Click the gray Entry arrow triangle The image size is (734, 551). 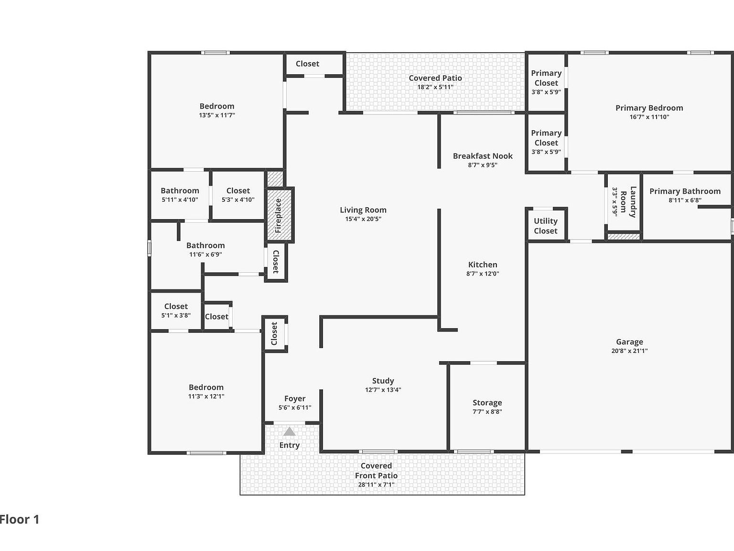pos(289,432)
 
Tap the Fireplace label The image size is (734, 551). pos(278,215)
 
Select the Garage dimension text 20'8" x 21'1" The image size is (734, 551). pos(629,351)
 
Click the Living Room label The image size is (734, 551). pos(363,210)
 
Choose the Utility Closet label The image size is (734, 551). pos(545,226)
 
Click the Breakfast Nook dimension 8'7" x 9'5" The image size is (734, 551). pos(483,165)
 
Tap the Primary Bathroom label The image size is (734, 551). pos(685,191)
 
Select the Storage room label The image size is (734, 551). pos(487,403)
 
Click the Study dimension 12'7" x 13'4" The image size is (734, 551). pos(383,390)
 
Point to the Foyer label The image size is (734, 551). pos(294,398)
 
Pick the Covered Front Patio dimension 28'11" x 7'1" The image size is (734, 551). pos(376,485)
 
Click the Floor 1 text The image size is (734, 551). pos(20,519)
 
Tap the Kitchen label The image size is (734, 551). pos(483,264)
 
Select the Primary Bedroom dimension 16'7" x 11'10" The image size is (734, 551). pos(649,117)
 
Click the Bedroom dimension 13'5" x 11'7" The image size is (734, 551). pos(217,115)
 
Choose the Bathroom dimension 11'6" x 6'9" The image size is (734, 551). pos(205,254)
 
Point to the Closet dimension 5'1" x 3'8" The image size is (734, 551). pos(176,316)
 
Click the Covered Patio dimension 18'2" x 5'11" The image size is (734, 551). pos(435,87)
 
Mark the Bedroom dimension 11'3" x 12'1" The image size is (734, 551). pos(206,396)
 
